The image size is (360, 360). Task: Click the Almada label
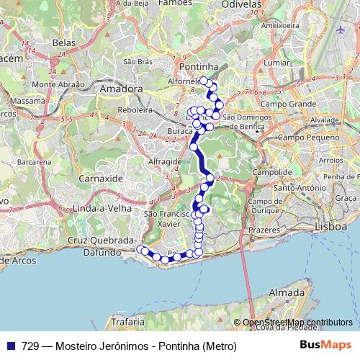point(286,293)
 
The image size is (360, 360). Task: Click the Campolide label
point(271,173)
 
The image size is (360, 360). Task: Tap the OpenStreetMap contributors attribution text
point(297,323)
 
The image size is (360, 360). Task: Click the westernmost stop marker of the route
point(140,249)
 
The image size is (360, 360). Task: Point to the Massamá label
point(29,101)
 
